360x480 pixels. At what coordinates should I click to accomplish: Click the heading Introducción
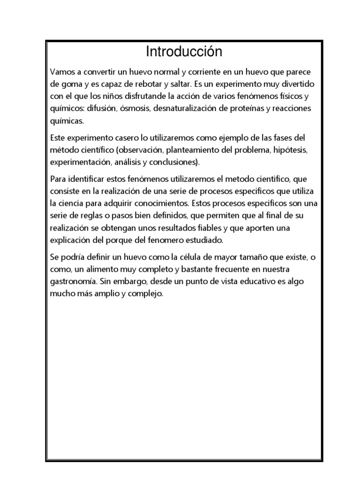click(x=184, y=52)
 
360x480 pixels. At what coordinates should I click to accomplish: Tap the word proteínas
click(x=261, y=108)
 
